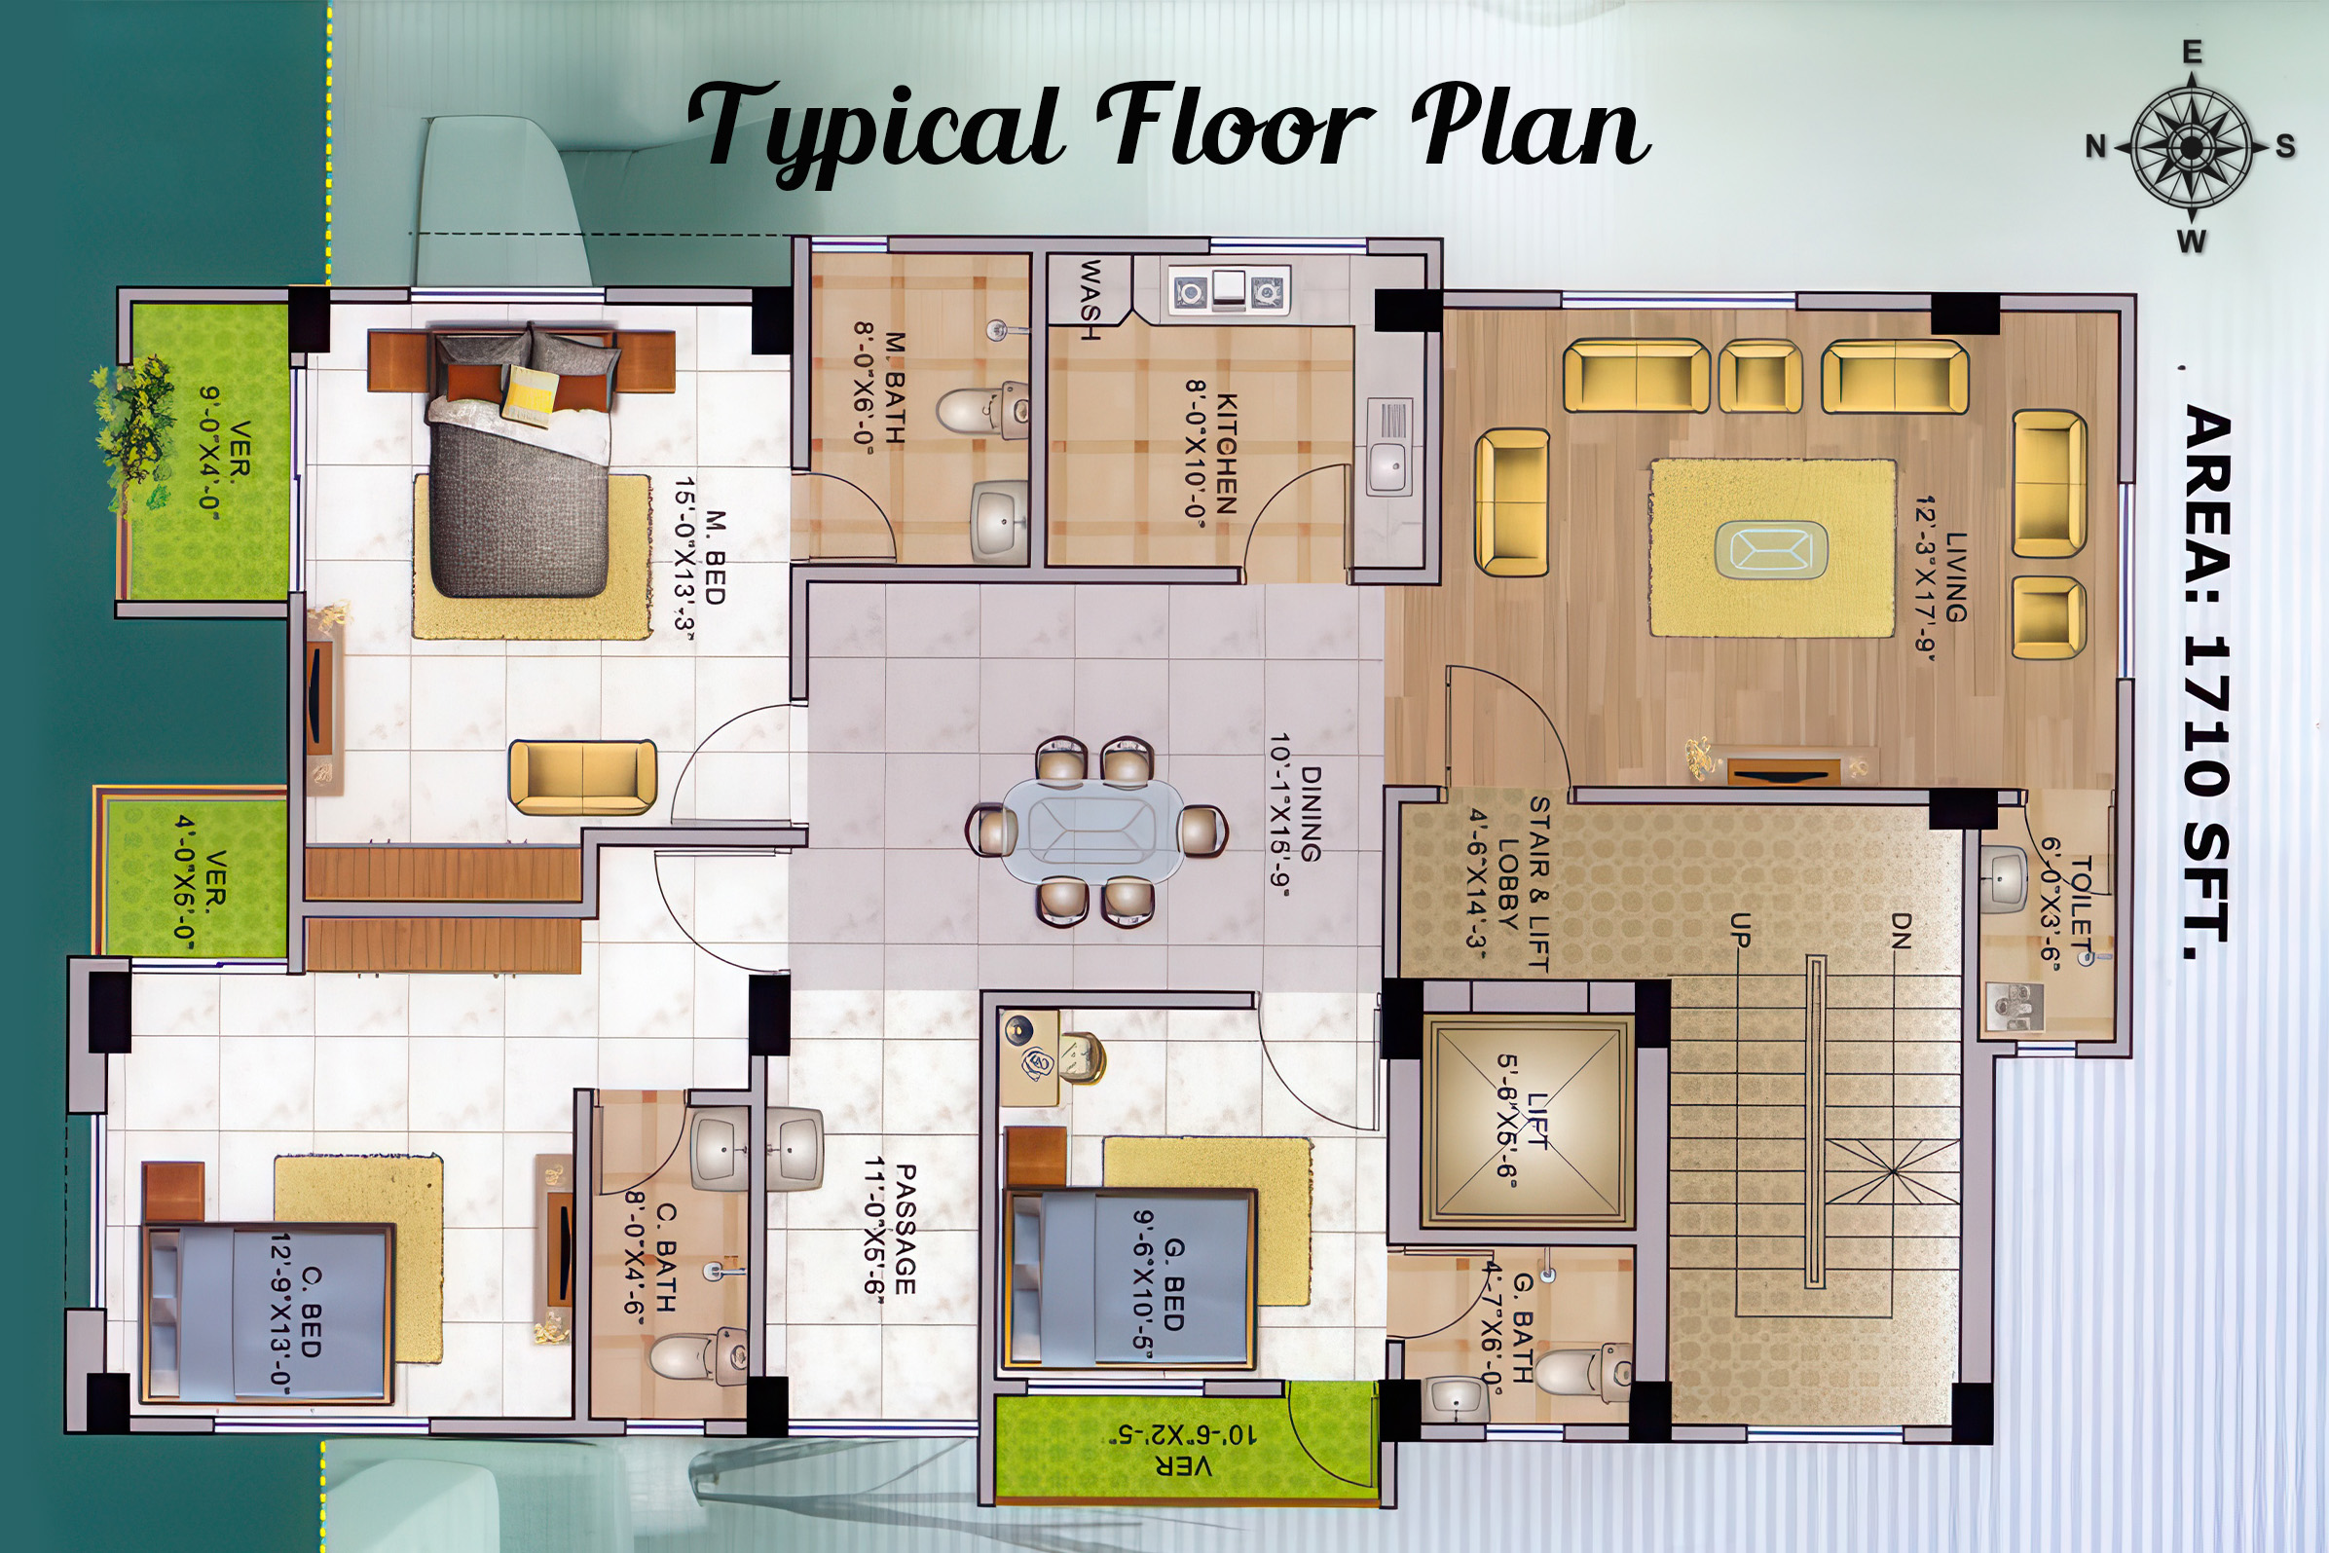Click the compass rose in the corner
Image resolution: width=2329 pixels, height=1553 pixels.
click(2192, 147)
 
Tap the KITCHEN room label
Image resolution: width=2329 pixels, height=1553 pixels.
click(1226, 454)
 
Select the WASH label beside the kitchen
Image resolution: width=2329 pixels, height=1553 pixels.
click(1090, 300)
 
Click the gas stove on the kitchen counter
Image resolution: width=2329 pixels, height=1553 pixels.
click(1229, 291)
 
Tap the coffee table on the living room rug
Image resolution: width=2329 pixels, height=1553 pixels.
click(1771, 548)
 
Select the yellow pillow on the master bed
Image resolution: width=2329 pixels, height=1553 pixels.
click(529, 395)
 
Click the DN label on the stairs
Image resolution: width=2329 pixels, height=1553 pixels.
click(1901, 930)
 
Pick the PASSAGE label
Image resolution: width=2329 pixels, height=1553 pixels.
click(906, 1229)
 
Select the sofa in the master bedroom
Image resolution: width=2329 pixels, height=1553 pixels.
click(582, 778)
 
